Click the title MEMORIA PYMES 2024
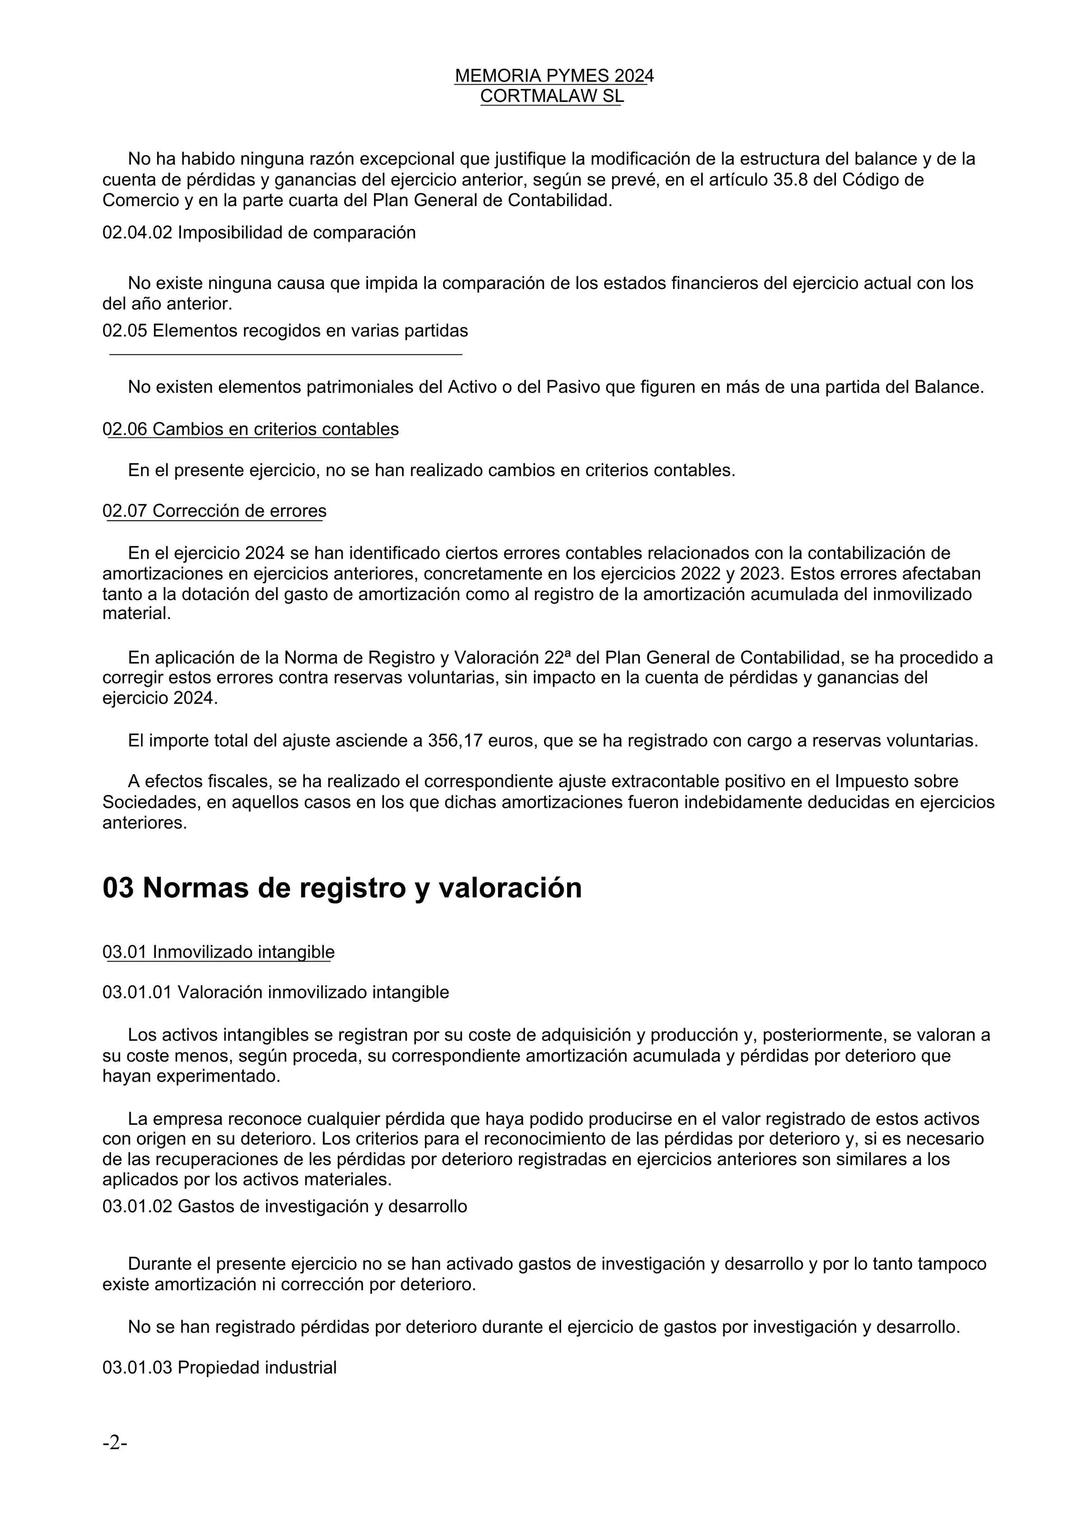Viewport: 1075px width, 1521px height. (554, 76)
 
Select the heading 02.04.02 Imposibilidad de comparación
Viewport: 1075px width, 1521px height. (259, 233)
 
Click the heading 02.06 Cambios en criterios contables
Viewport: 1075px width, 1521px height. (250, 429)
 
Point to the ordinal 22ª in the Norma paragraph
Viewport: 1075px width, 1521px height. (558, 658)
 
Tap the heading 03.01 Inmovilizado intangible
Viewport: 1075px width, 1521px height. (218, 952)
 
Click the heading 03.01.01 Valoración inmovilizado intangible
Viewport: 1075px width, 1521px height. (276, 992)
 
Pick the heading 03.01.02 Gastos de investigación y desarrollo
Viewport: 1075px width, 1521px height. (285, 1206)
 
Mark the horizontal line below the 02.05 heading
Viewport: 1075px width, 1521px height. (286, 354)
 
